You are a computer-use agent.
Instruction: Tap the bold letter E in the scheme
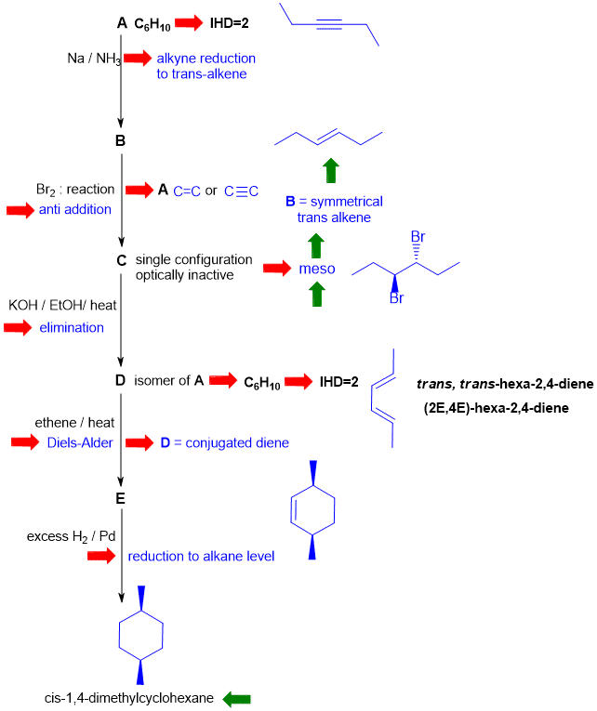tap(121, 498)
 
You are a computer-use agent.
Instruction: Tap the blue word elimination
tap(72, 327)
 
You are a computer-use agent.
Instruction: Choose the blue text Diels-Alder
tap(80, 442)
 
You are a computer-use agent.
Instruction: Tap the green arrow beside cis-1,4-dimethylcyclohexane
tap(238, 697)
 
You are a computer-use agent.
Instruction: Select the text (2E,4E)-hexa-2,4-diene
tap(495, 407)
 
